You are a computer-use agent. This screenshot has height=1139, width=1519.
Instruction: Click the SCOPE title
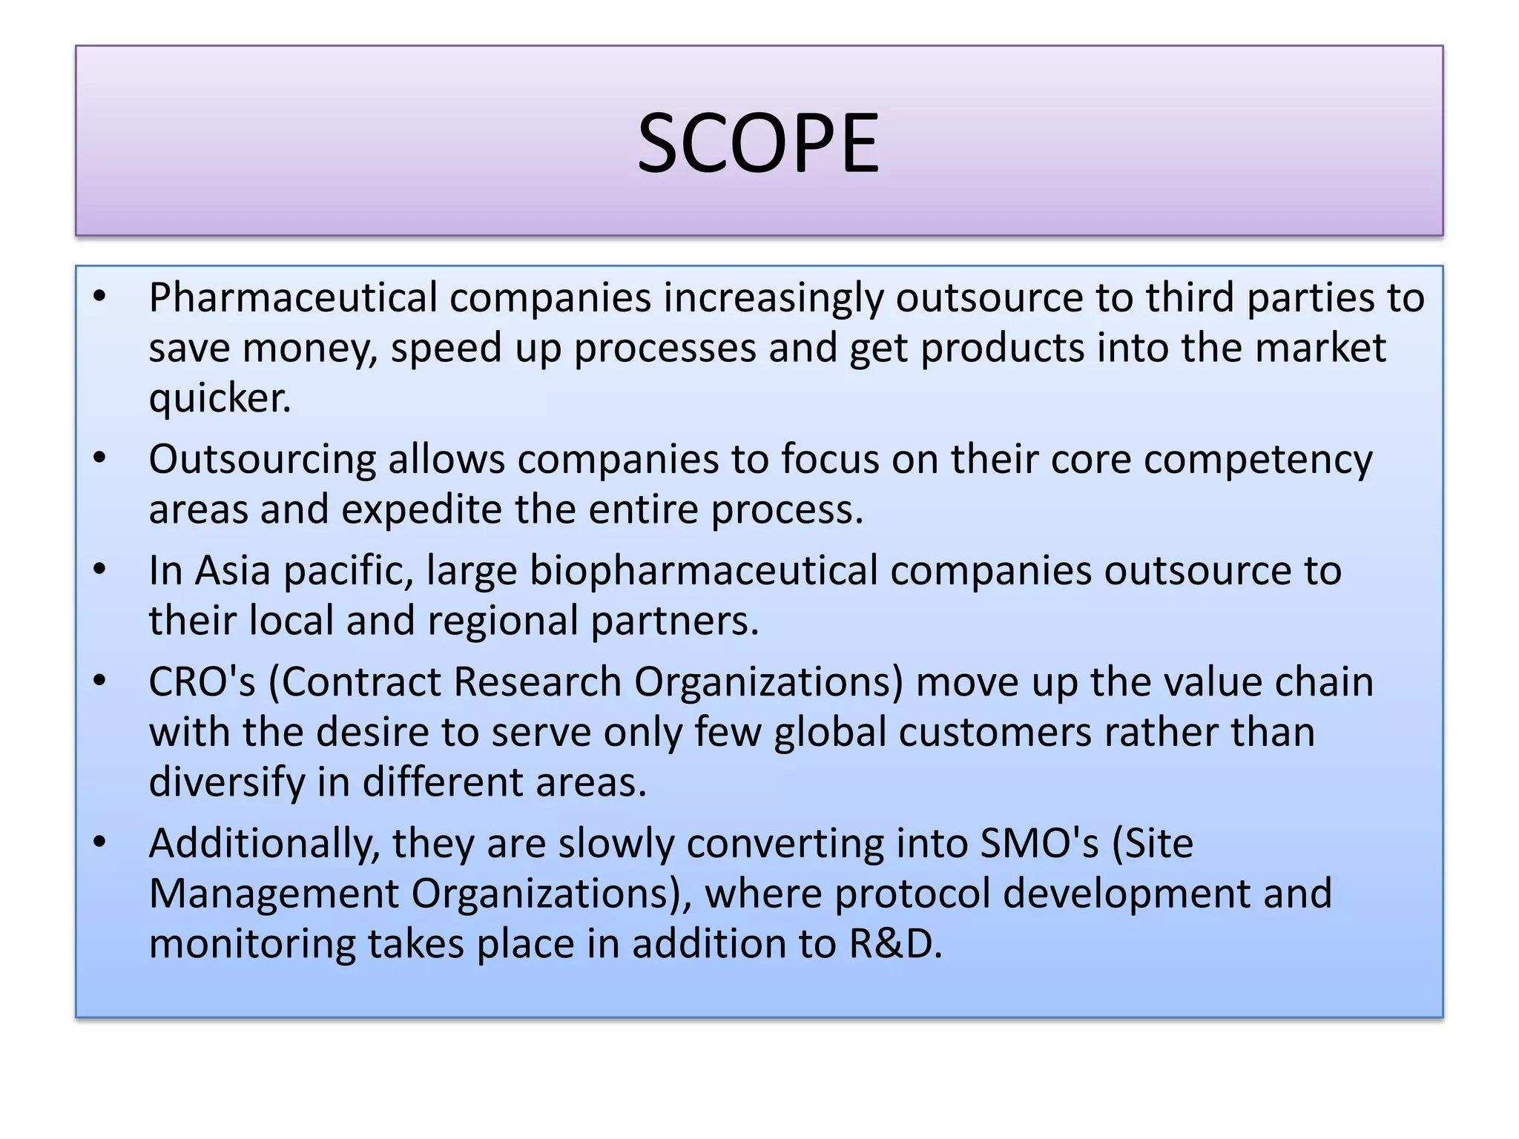click(758, 142)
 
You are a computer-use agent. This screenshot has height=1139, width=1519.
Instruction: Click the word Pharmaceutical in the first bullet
click(293, 298)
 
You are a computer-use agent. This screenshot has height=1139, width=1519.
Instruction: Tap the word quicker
click(220, 399)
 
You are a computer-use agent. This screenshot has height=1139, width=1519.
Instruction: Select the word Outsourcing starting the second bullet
click(262, 460)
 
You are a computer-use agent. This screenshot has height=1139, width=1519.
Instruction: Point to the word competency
click(1258, 460)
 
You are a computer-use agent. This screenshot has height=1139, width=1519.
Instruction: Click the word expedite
click(421, 510)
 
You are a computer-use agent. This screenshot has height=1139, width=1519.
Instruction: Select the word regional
click(502, 621)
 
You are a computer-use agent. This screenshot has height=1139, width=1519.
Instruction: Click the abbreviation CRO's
click(202, 682)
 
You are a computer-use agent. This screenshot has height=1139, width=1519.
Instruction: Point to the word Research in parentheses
click(537, 682)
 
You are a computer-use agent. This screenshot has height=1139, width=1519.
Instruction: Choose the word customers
click(995, 733)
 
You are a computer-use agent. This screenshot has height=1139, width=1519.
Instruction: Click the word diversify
click(226, 783)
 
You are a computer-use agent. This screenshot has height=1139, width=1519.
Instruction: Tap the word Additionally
click(264, 844)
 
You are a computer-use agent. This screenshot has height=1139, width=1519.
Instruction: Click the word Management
click(274, 894)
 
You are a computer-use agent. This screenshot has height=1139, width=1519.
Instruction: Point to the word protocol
click(912, 894)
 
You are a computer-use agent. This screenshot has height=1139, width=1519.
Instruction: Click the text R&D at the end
click(894, 945)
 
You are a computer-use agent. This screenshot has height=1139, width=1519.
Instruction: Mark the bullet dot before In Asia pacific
click(100, 569)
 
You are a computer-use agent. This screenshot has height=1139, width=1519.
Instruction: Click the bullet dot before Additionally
click(100, 842)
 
